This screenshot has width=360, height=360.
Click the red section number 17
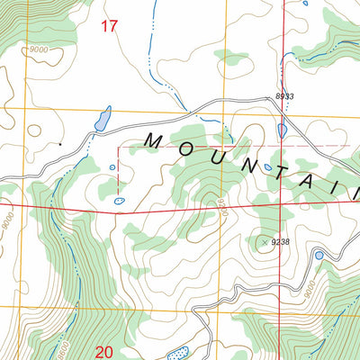(x=109, y=27)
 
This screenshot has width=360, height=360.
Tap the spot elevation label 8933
(x=284, y=96)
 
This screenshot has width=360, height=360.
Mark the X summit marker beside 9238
(x=264, y=241)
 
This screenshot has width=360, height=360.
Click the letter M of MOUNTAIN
(x=154, y=141)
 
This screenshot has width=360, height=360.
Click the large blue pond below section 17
(x=103, y=119)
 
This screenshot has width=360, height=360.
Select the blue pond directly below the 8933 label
(x=283, y=131)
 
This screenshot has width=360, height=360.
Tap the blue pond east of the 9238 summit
(x=319, y=256)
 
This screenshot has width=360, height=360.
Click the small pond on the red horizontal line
(x=119, y=201)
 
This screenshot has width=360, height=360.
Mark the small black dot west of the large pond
(x=60, y=143)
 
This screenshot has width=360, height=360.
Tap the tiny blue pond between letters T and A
(x=268, y=166)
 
